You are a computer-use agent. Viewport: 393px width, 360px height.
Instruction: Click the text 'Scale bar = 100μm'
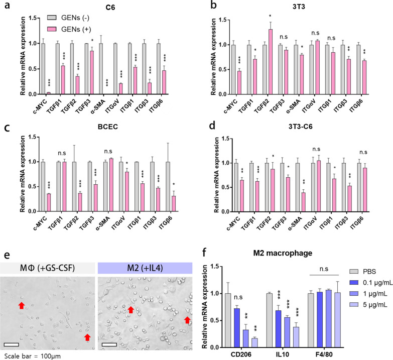click(32, 355)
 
